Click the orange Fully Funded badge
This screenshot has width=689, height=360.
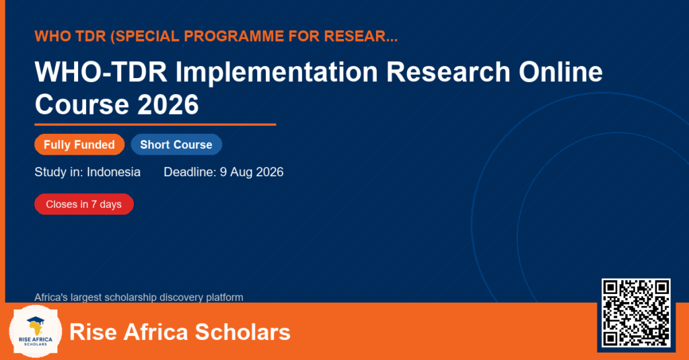click(x=79, y=145)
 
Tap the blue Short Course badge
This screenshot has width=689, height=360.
click(x=176, y=145)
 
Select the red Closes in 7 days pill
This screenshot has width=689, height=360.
click(x=84, y=205)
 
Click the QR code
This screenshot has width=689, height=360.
click(x=636, y=313)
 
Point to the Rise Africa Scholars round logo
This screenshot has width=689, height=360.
click(x=36, y=332)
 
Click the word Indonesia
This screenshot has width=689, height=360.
click(x=114, y=172)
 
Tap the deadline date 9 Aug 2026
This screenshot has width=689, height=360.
click(x=252, y=172)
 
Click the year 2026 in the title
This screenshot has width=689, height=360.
click(x=168, y=104)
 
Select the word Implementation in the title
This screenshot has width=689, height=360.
click(x=277, y=72)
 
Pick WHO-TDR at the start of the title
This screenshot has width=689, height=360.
click(x=101, y=71)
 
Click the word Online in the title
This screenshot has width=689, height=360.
click(x=560, y=71)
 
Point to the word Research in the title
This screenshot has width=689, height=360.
click(x=448, y=71)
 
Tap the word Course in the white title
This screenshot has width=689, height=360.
click(x=82, y=104)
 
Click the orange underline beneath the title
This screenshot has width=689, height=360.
click(x=155, y=125)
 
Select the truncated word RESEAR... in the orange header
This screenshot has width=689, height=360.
click(x=361, y=36)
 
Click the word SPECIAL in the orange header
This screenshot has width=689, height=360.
click(x=145, y=36)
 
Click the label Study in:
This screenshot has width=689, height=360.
click(x=59, y=172)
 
